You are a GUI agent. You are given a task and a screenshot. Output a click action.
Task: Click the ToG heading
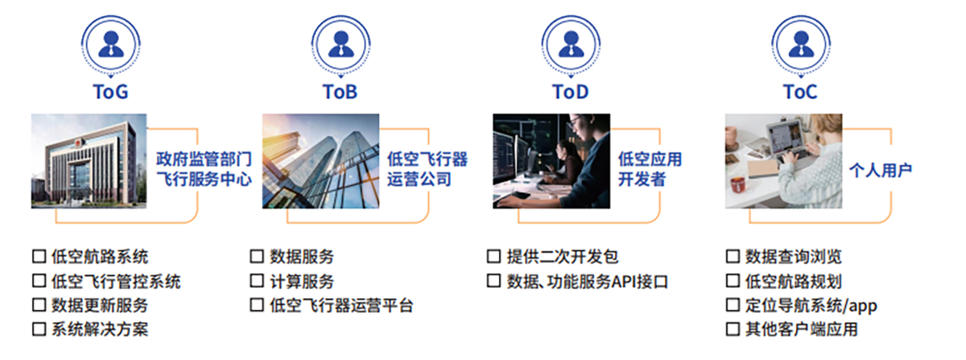click(x=111, y=92)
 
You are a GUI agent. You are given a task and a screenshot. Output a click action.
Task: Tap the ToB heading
click(x=341, y=92)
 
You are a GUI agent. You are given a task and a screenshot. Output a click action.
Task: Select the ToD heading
click(x=571, y=92)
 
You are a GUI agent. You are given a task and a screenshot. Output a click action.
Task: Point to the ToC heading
click(x=800, y=92)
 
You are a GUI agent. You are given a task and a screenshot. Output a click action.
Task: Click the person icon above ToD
click(x=571, y=45)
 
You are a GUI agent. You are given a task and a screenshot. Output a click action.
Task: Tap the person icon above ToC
click(x=801, y=45)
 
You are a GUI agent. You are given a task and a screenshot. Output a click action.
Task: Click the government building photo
click(x=89, y=161)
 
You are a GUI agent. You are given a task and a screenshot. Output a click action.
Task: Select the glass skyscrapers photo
click(x=321, y=161)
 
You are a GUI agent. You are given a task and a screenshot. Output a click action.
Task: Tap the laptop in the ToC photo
click(x=784, y=139)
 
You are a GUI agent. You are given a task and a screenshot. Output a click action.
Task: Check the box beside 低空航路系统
click(x=39, y=256)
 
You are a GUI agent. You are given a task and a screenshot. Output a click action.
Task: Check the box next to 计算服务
click(x=257, y=280)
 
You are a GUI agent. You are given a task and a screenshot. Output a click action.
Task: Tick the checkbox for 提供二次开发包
click(x=493, y=256)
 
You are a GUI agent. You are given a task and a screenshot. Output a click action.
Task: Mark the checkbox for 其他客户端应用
click(x=733, y=329)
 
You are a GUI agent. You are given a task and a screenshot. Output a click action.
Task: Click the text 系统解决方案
click(x=100, y=329)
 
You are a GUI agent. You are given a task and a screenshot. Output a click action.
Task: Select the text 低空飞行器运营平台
click(x=341, y=305)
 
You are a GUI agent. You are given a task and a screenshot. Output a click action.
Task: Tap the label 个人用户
click(x=880, y=170)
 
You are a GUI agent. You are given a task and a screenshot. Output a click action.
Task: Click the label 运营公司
click(x=419, y=179)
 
